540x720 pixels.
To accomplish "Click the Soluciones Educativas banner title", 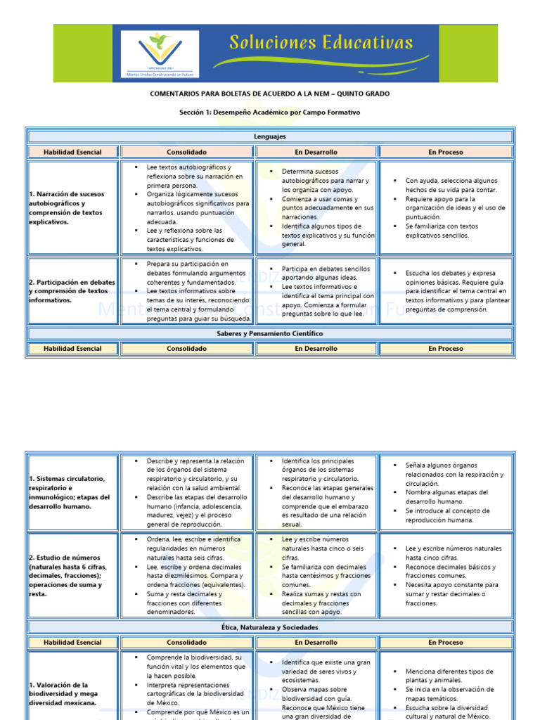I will tap(321, 44).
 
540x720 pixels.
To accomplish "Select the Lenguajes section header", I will tap(269, 136).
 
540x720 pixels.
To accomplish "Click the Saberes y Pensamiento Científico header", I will tap(269, 333).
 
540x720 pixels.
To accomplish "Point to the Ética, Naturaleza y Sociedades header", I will tap(269, 627).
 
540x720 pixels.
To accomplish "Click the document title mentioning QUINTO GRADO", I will tap(269, 94).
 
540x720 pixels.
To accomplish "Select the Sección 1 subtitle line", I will tap(269, 112).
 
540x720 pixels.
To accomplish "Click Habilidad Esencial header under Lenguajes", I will tap(72, 152).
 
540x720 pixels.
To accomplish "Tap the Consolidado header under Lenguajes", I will tap(186, 152).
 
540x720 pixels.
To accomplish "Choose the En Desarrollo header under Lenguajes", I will tap(316, 152).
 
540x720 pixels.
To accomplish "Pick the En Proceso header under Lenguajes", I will tap(446, 152).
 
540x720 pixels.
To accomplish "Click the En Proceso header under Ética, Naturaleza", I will tap(446, 642).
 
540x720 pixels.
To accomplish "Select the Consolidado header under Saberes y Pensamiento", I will tap(186, 348).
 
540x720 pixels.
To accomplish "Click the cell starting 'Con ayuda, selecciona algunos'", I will tap(446, 207).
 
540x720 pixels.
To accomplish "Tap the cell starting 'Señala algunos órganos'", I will tap(446, 492).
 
